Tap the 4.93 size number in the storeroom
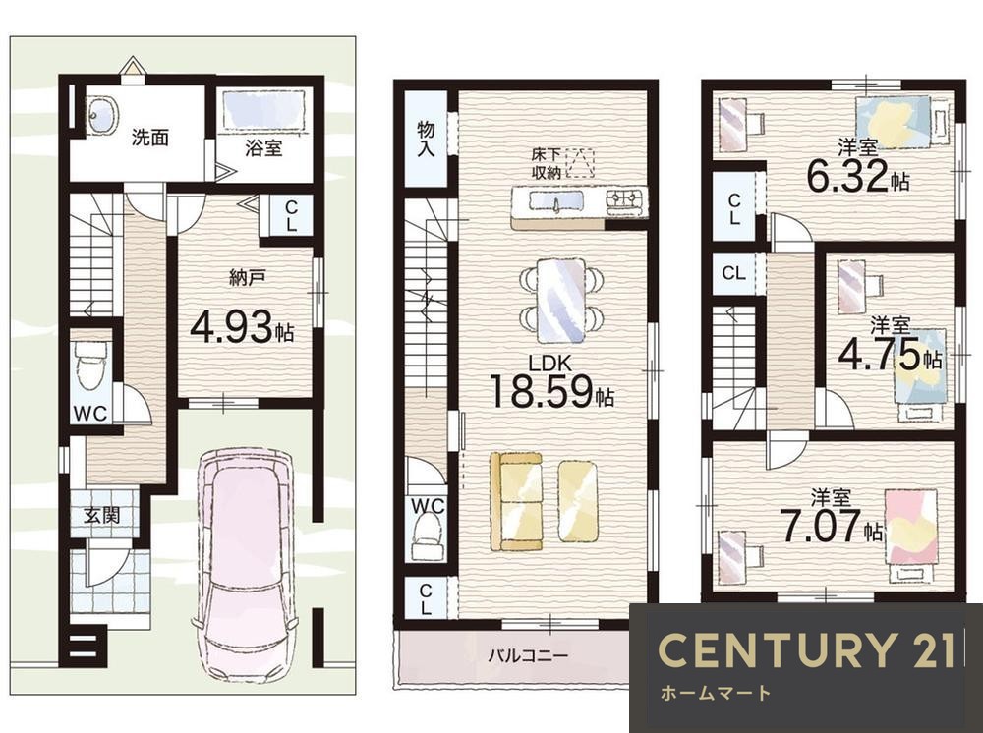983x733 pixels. tap(231, 327)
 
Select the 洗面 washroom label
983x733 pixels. tap(149, 138)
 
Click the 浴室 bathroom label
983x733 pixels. tap(263, 147)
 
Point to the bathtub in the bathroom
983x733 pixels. tap(263, 109)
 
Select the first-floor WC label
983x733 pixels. tap(90, 413)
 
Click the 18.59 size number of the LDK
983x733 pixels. tap(541, 392)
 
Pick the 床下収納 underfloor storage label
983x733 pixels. tap(546, 164)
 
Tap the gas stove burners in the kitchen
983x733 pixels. tap(624, 199)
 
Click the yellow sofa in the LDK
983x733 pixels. tap(515, 501)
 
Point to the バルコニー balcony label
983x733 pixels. tap(528, 656)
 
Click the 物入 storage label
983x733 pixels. tap(426, 139)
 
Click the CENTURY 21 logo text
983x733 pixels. tap(806, 649)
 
